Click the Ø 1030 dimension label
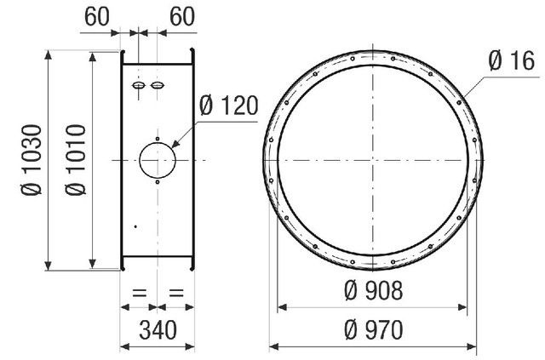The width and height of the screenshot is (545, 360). pyautogui.click(x=32, y=160)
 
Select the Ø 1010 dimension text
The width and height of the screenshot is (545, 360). pyautogui.click(x=76, y=160)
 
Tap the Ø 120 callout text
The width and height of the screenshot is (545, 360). pyautogui.click(x=229, y=106)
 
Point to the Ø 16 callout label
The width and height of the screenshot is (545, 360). pyautogui.click(x=511, y=60)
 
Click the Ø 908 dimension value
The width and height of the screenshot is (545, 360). pyautogui.click(x=374, y=290)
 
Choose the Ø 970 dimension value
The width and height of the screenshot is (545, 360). pyautogui.click(x=374, y=329)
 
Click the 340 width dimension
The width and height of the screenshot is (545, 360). pyautogui.click(x=158, y=329)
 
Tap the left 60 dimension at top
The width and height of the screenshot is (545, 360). pyautogui.click(x=96, y=16)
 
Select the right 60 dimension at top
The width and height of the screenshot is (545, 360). pyautogui.click(x=181, y=16)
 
